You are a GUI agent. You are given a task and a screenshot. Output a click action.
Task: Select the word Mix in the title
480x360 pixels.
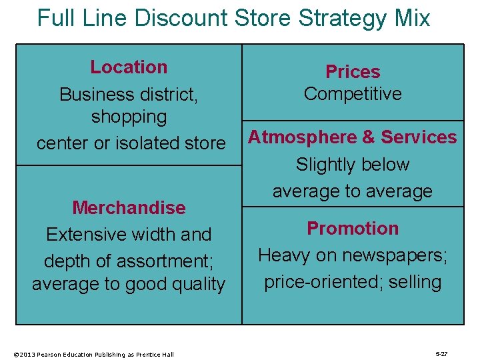coord(411,18)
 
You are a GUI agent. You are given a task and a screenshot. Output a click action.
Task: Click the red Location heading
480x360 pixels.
coord(129,67)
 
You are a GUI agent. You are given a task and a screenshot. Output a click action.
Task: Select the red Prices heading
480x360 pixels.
coord(353,71)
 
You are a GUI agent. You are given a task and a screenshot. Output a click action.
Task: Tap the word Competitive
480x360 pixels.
coord(353,93)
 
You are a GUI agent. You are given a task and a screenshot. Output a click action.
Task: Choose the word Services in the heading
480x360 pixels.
coord(419,137)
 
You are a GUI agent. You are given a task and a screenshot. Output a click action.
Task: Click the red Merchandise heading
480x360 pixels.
coord(129,207)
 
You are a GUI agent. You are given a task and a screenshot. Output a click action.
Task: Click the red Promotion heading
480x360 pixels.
coord(353,228)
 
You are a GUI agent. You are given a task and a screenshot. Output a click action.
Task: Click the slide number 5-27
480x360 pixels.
coord(441,354)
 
